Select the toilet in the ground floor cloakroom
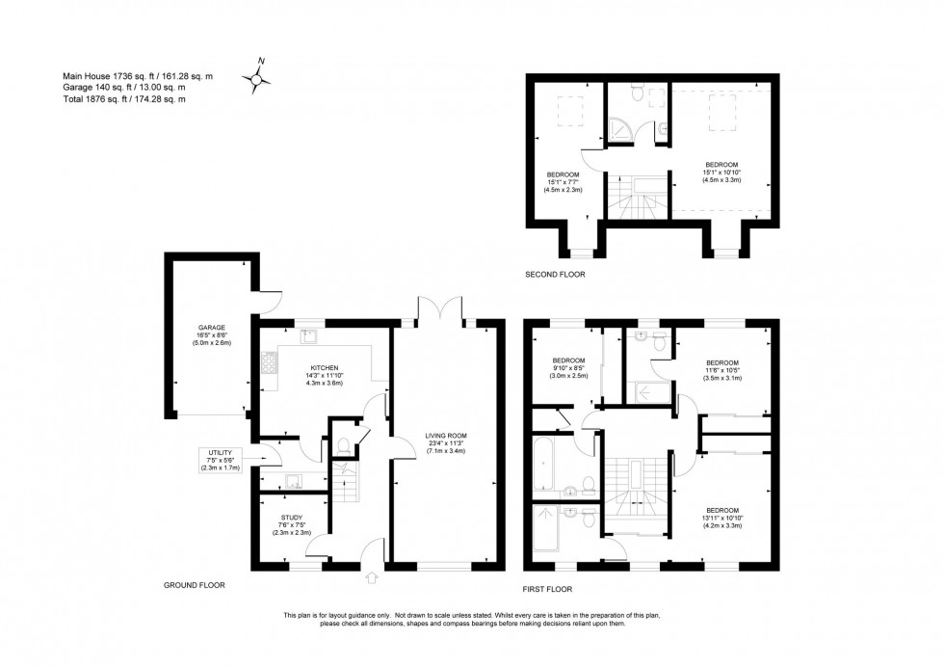(x=343, y=446)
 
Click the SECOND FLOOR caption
(x=555, y=275)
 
